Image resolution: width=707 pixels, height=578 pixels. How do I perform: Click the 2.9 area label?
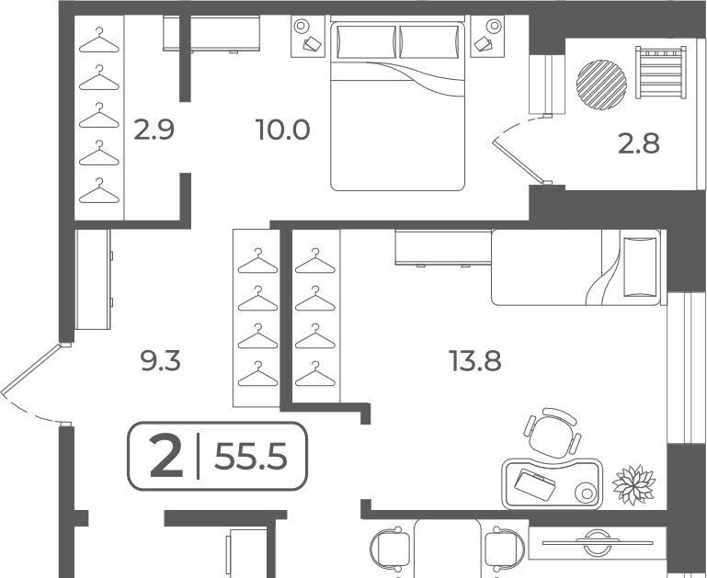154,130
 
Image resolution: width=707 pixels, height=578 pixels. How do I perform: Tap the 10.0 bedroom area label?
282,130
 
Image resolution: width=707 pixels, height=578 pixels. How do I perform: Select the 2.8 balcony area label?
638,143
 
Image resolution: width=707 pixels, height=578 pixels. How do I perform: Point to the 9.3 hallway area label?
161,361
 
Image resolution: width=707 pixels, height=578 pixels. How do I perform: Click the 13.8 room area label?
474,361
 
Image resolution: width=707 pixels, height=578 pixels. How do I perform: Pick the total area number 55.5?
251,457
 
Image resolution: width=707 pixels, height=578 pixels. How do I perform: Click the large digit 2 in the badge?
166,457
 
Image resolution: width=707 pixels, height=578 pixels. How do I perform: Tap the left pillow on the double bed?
366,42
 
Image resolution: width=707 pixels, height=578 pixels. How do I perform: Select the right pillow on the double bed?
428,42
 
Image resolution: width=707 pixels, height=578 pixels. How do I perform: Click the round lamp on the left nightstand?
302,26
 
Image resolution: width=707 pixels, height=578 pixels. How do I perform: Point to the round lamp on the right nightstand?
495,26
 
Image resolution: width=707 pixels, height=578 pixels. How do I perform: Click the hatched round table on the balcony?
601,85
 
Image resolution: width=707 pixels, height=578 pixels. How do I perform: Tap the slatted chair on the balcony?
661,72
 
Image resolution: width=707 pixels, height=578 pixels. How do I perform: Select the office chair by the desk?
553,433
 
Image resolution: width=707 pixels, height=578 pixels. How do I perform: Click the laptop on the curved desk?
535,485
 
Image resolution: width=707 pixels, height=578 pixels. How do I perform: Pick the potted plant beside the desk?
633,485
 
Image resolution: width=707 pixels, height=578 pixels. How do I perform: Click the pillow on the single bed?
640,266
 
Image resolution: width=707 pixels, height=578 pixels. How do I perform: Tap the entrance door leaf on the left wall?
30,370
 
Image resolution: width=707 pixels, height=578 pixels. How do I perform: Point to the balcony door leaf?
519,161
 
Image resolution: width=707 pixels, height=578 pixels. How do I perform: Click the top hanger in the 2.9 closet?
99,40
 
